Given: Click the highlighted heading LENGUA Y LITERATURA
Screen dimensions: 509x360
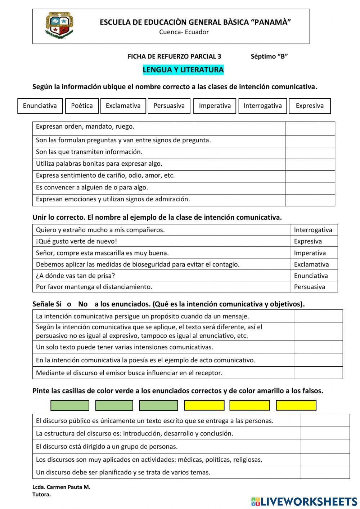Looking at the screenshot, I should coord(183,70).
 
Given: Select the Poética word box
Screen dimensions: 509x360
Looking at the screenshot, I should coord(82,106).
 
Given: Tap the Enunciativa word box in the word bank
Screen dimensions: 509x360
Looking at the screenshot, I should coord(40,106).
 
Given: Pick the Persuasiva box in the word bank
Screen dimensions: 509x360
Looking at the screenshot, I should coord(169,106).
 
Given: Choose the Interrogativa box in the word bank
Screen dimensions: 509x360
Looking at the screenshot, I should coord(262,106).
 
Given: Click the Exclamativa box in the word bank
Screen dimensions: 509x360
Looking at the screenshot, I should coord(123,106).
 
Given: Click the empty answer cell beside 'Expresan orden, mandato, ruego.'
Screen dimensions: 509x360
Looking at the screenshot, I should coord(310,128).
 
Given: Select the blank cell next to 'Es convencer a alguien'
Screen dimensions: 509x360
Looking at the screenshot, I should coord(310,188).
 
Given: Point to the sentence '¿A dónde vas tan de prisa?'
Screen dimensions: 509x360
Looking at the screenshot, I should coord(76,276).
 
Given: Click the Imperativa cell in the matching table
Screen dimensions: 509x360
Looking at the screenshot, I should coord(310,253).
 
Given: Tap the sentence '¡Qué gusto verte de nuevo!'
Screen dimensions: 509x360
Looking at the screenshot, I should coord(76,241).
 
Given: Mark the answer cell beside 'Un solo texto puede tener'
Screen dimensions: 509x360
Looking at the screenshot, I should coord(318,347).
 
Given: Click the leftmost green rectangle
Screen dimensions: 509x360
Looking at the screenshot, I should coord(69,406).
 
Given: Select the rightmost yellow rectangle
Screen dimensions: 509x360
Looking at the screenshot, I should coord(296,406).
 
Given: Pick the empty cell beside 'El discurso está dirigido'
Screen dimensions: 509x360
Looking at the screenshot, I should coord(325,447).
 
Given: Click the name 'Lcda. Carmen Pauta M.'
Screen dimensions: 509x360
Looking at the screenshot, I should coord(61,487).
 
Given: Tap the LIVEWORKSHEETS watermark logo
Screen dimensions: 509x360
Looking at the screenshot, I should coord(304,501).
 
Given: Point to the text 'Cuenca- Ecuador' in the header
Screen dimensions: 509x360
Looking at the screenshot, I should coord(184,32).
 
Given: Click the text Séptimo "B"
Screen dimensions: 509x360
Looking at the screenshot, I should coord(269,57).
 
